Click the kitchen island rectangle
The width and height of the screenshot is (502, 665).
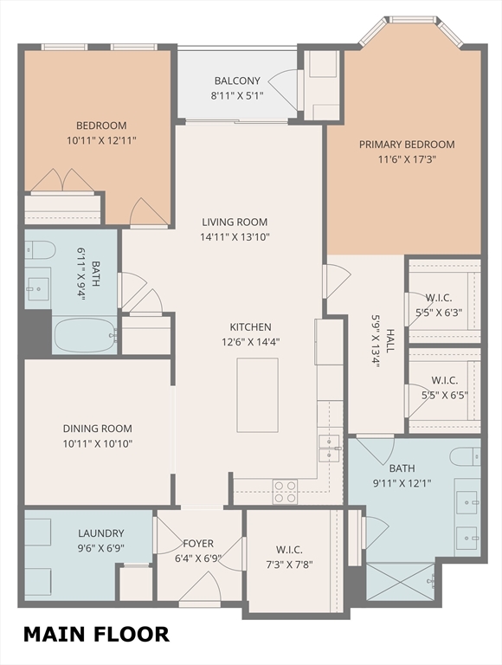(257, 395)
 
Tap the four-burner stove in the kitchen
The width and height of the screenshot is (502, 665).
(285, 492)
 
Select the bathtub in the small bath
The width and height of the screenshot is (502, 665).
(85, 335)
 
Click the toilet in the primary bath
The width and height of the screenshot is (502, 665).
(465, 456)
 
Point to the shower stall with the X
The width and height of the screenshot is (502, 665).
(400, 582)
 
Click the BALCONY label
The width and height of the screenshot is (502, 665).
(237, 81)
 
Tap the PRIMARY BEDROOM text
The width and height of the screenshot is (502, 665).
(407, 145)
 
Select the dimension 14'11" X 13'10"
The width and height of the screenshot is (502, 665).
(235, 236)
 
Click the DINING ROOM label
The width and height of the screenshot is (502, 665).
(98, 429)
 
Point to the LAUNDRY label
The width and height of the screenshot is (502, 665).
(101, 533)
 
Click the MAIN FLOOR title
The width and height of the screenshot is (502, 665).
(96, 635)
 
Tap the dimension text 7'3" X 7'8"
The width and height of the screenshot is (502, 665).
(290, 565)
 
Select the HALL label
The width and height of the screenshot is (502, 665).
(390, 340)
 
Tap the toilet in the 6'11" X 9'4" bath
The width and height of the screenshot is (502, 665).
(40, 249)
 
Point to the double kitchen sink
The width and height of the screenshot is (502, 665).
(329, 449)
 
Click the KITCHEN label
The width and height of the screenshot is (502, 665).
(251, 327)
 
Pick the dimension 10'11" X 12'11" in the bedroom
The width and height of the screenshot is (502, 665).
(101, 140)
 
